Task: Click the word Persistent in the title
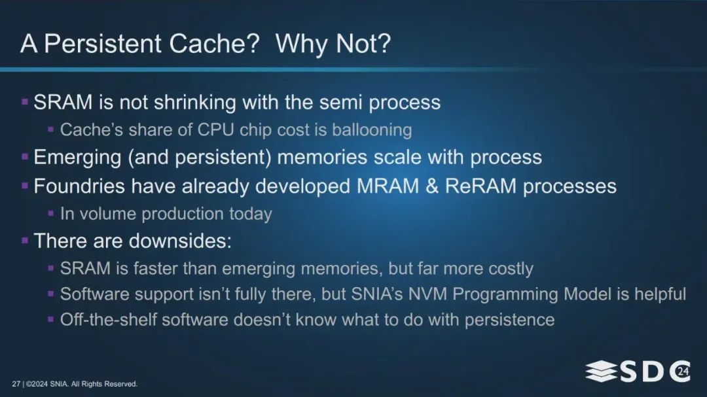[103, 44]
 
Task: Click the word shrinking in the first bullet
[195, 103]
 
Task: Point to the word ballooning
[372, 130]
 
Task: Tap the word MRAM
[388, 186]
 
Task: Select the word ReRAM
[480, 186]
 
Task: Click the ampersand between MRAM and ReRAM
[432, 186]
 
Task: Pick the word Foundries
[79, 186]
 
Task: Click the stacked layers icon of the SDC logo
[601, 371]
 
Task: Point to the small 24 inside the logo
[683, 371]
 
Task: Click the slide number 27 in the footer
[16, 384]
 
